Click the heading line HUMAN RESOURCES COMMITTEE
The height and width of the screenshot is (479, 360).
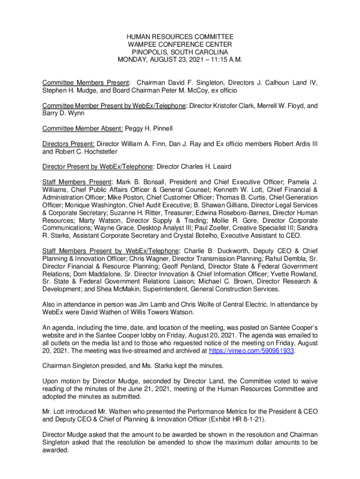point(180,37)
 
